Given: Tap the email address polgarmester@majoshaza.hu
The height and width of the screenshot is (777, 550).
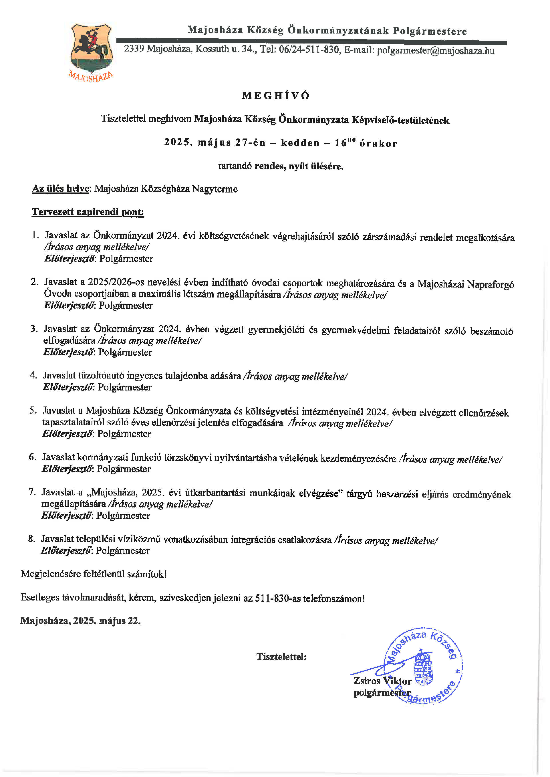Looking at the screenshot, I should pos(436,51).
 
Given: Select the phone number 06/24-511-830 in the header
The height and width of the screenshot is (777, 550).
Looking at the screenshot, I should pos(310,50).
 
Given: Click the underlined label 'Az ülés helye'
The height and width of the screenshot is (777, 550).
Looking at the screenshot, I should pos(61,189).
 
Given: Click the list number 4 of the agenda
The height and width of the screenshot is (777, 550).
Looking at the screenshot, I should pos(33,375).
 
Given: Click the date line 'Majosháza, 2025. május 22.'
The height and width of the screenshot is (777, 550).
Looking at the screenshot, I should pos(80,620).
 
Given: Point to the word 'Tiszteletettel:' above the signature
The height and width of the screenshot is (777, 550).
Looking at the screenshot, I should pos(281,656).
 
